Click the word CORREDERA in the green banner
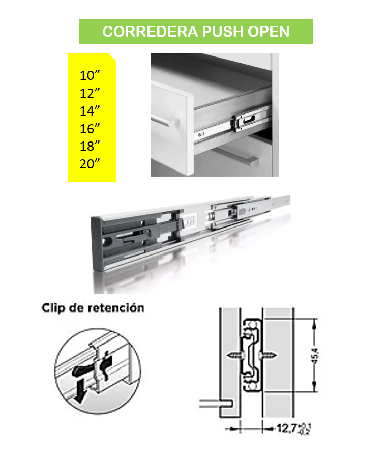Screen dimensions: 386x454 point(150,31)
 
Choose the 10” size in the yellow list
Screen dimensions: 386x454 point(90,75)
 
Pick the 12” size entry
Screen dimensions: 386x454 point(90,93)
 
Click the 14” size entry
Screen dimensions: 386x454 point(90,111)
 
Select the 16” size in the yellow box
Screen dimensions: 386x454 point(90,129)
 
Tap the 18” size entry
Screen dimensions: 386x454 point(90,146)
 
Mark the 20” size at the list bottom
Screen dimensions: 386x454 point(90,164)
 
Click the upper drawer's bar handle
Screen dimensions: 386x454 point(165,120)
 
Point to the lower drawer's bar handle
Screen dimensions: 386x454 point(236,157)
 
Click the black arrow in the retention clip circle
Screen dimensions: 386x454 point(79,391)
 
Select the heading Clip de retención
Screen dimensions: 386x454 point(93,308)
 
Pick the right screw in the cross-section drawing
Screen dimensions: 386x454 point(268,355)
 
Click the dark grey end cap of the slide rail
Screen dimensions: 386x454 point(97,243)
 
